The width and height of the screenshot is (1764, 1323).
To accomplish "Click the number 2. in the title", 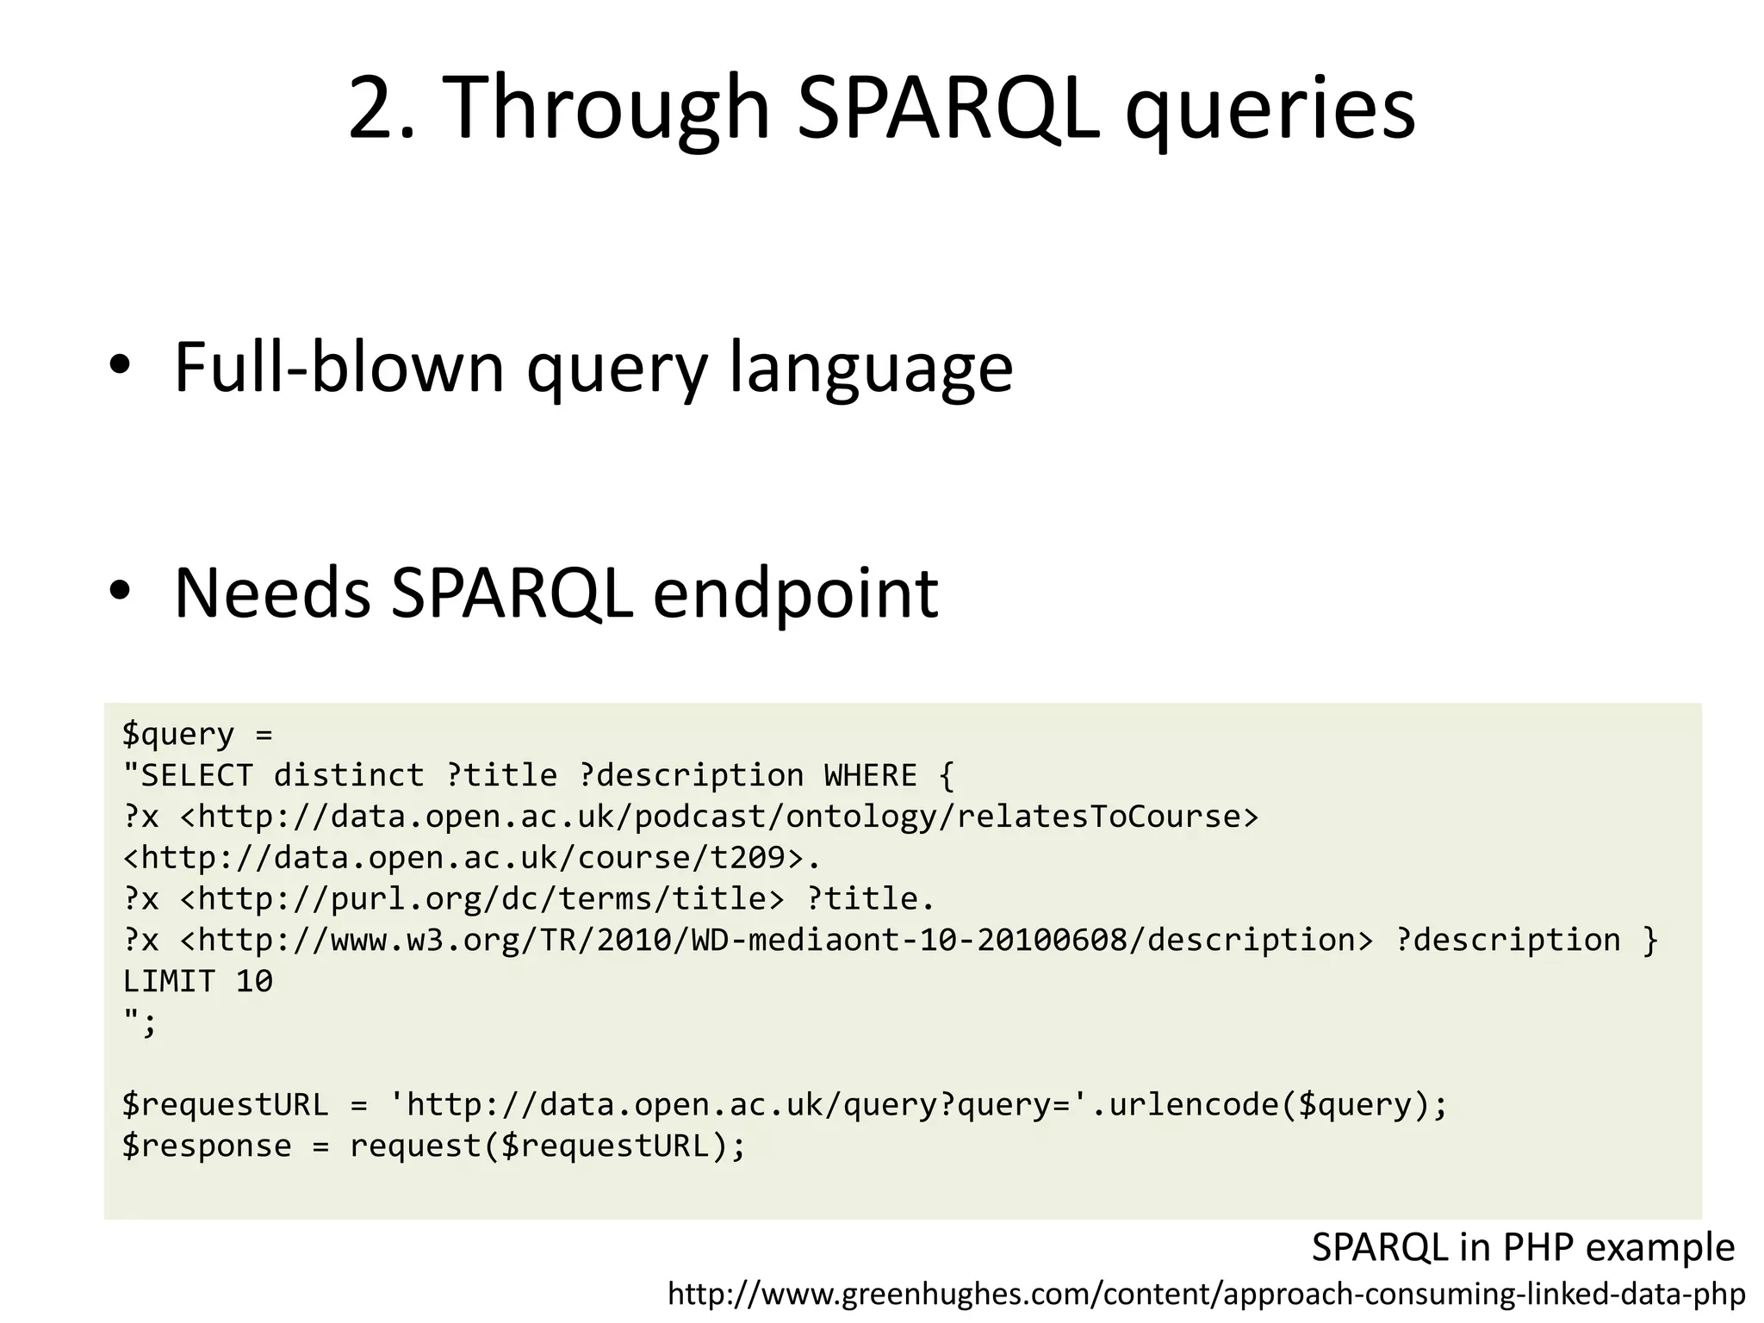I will pos(382,108).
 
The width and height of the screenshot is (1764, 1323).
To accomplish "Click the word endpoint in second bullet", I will pos(795,594).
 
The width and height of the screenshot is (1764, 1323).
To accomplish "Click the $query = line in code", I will pos(197,734).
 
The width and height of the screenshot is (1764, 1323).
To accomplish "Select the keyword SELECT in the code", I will pos(197,775).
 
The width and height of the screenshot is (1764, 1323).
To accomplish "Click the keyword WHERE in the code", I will pos(870,775).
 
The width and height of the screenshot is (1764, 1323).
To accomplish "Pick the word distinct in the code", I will pos(349,775).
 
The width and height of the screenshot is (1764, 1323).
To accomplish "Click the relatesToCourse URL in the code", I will pos(719,817).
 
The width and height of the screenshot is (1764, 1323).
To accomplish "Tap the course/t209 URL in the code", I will pos(463,858).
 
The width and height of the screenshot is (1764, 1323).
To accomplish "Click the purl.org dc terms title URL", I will pos(482,899).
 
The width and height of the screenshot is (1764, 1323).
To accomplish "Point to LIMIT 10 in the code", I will pos(197,981).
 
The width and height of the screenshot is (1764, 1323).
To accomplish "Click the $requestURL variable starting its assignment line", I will pos(225,1105).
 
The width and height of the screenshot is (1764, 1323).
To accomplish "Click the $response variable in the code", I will pos(207,1146).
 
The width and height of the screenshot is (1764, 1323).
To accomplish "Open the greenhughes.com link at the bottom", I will pos(1206,1294).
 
